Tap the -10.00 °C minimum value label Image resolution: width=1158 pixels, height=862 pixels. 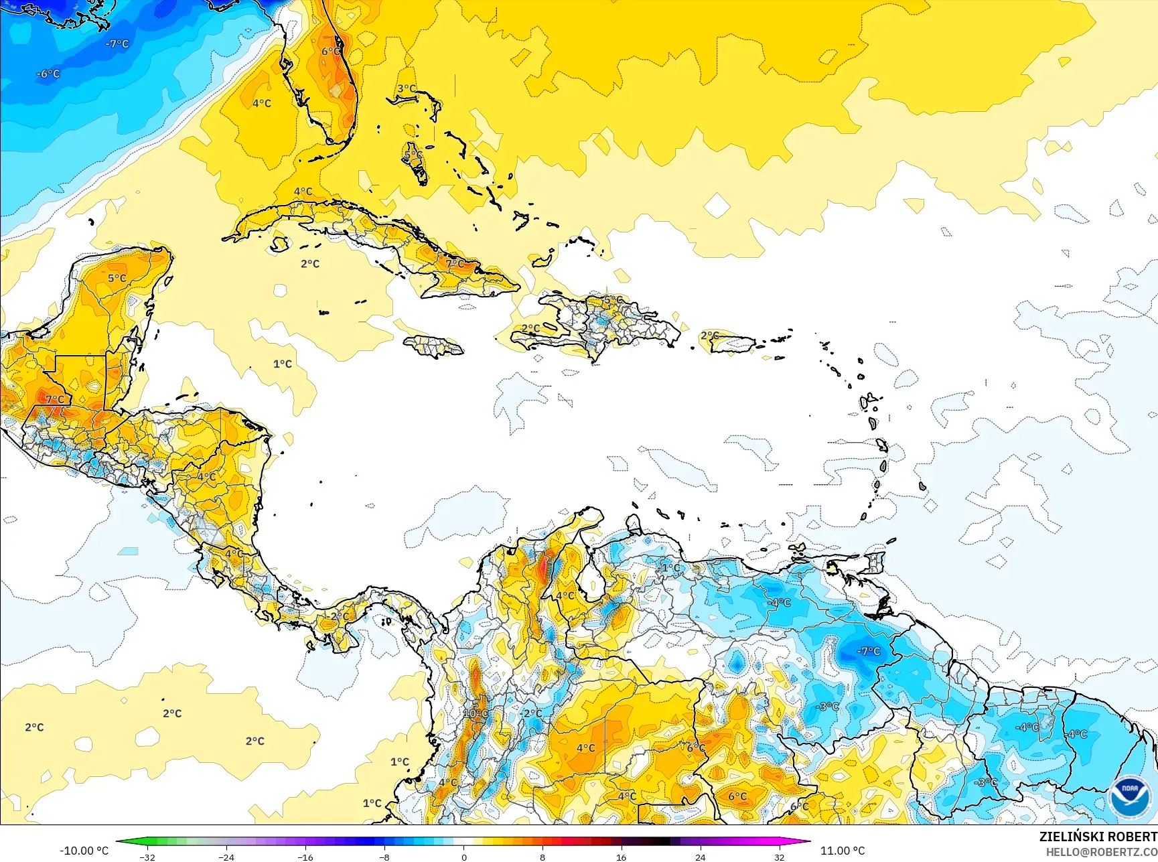[x=84, y=851]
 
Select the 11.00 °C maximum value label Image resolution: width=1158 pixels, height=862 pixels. [x=843, y=851]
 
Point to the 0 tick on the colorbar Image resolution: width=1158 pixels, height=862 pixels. [x=463, y=857]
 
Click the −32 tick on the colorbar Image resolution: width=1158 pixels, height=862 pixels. [x=147, y=857]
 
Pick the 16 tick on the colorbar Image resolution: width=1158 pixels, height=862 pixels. [x=621, y=857]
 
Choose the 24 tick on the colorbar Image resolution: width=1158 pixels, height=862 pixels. [x=700, y=857]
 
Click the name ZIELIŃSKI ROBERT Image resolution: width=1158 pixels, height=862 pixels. [x=1098, y=837]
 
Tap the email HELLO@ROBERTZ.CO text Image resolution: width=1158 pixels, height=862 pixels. [x=1102, y=852]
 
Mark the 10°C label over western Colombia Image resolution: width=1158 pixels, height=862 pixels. [x=476, y=713]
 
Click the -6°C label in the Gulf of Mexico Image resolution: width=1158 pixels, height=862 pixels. [x=48, y=74]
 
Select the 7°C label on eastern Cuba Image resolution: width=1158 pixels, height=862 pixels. [x=455, y=263]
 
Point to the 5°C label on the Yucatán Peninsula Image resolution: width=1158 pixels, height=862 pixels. [x=117, y=278]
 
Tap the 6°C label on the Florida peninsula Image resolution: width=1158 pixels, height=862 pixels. [x=331, y=52]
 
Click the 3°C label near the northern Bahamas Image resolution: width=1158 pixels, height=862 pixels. [x=407, y=88]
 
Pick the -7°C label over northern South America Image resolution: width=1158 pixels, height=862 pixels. [x=869, y=651]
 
